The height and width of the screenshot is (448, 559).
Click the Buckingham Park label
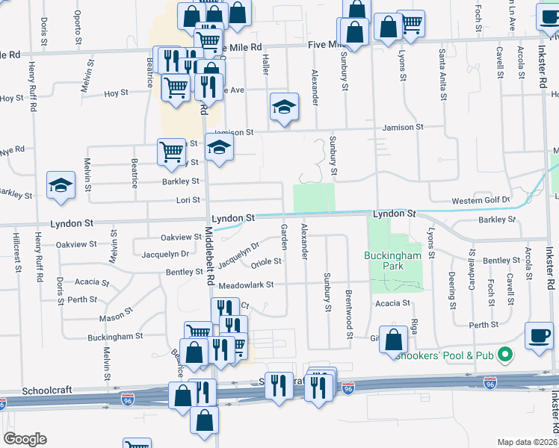[x=392, y=261]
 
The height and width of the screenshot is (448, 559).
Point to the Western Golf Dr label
[x=481, y=200]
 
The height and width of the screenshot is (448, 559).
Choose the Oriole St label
[x=266, y=261]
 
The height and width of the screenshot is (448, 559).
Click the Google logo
[x=25, y=439]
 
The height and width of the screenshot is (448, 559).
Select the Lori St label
[x=187, y=200]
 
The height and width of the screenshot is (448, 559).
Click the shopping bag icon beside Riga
[x=393, y=340]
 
